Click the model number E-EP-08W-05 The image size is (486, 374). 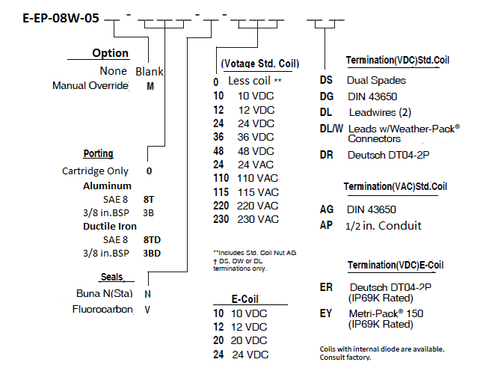coord(61,18)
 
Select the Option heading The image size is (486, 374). coord(110,53)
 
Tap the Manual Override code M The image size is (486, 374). coord(150,86)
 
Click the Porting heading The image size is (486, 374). coord(98,153)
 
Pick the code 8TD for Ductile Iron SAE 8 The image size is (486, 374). coord(152,239)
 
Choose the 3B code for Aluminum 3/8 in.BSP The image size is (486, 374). coord(149,212)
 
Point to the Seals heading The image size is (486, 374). coord(112,277)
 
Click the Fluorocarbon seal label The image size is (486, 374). coord(102,309)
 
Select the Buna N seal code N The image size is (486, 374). coord(147,294)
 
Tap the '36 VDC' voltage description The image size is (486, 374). coord(256,137)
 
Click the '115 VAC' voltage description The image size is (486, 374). coord(258,192)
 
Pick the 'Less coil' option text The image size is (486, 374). coord(249,81)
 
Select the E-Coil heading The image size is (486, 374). coord(244,299)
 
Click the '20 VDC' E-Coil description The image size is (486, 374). coord(248,340)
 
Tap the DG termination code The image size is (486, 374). coord(327,96)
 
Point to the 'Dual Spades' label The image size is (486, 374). coord(376,80)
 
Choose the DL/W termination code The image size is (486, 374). coord(331,129)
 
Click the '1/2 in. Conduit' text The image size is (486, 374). coord(384,226)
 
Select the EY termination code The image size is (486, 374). coord(326,313)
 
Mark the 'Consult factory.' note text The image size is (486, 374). coord(345,358)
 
